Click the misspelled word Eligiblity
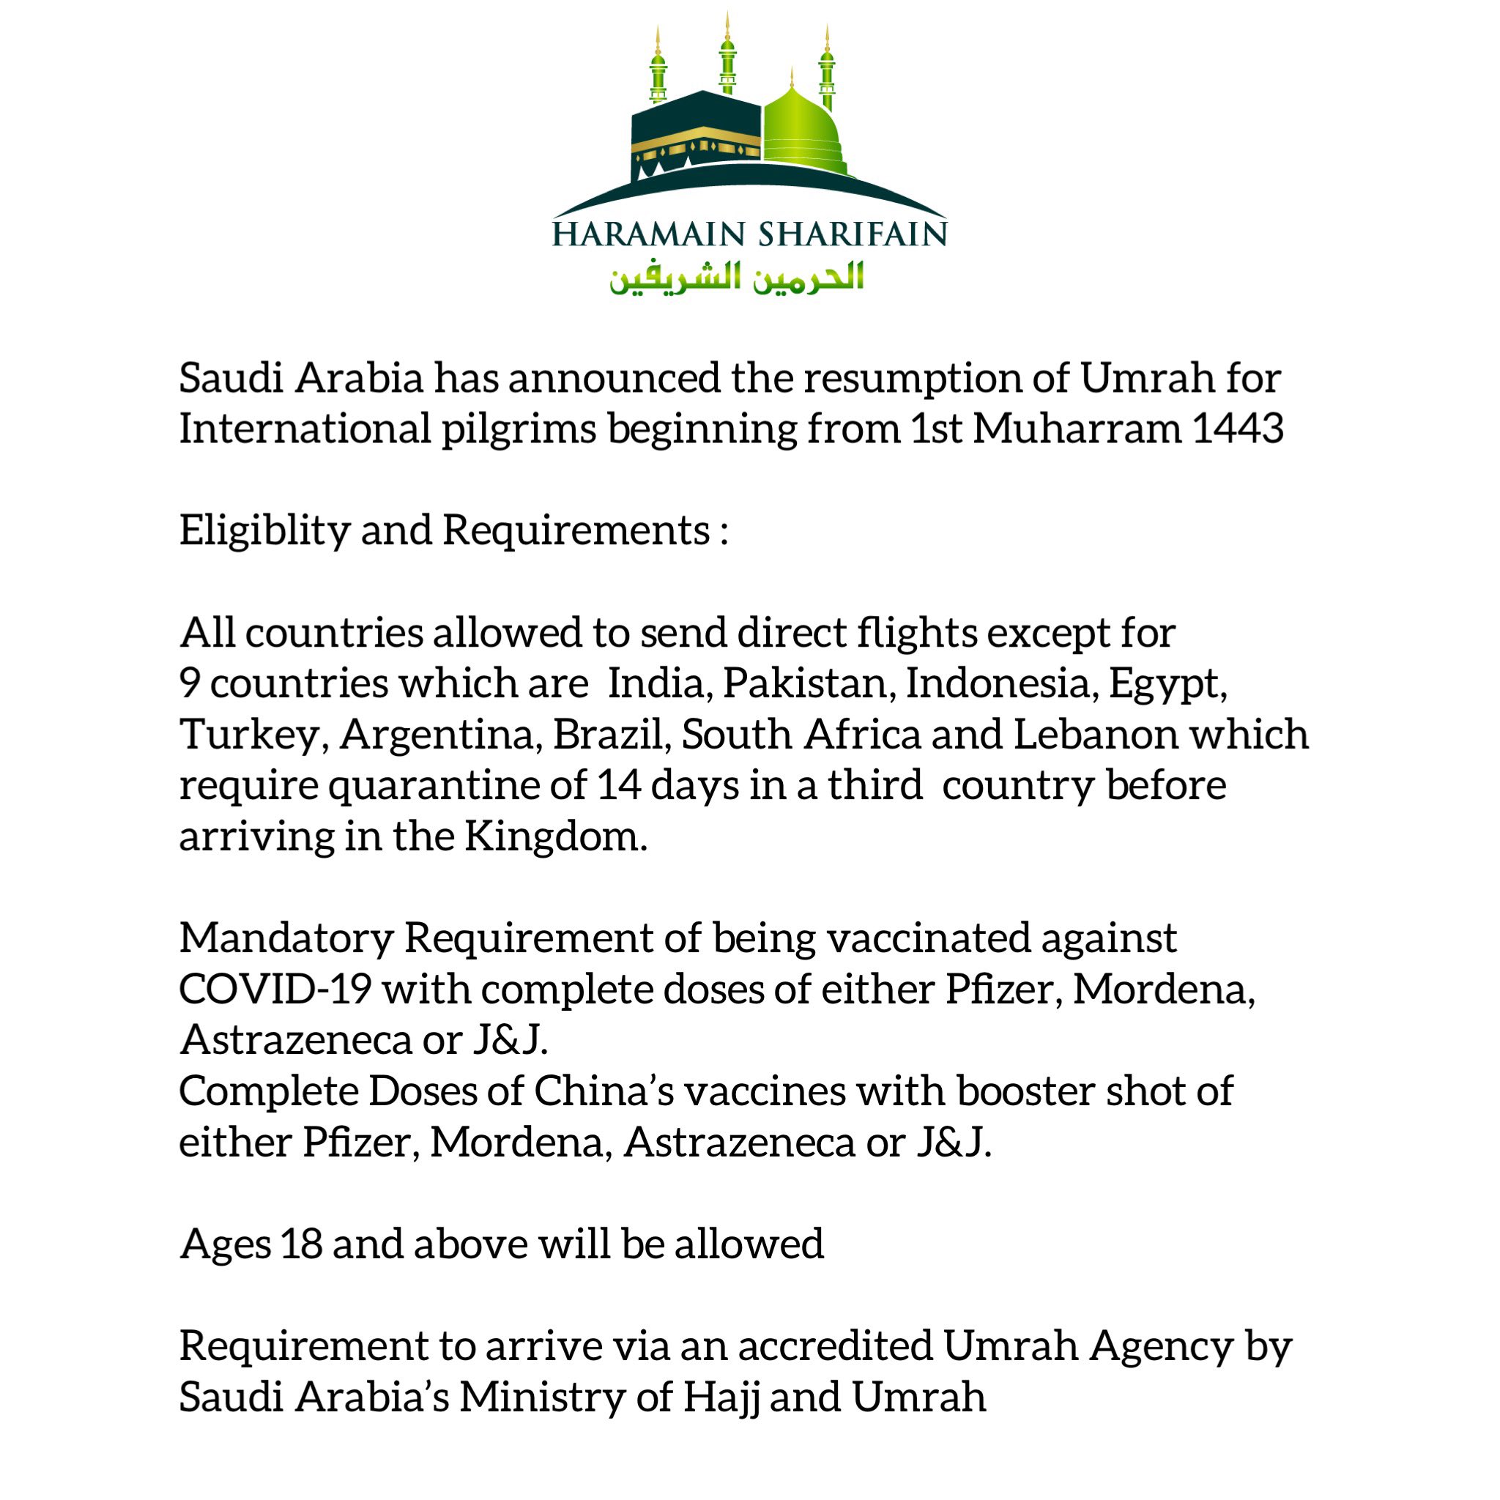(x=264, y=531)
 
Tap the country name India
(x=660, y=683)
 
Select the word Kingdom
(x=554, y=837)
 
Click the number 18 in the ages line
(x=301, y=1244)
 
